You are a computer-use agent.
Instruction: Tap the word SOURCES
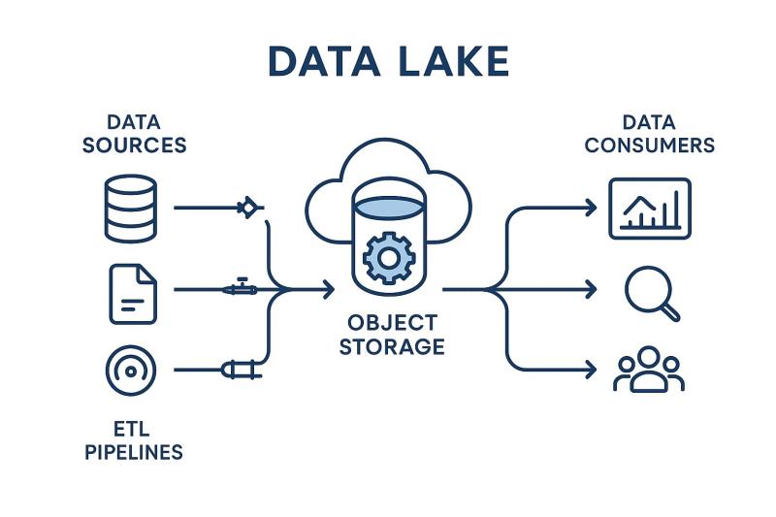point(134,145)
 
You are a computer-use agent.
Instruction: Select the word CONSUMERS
point(649,145)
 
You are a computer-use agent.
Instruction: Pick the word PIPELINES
point(134,451)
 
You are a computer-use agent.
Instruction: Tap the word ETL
point(134,427)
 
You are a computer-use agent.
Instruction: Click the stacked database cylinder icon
point(130,208)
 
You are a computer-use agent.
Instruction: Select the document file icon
point(132,294)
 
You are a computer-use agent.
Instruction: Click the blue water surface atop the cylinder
point(388,206)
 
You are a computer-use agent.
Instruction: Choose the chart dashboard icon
point(649,208)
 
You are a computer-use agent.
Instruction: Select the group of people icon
point(648,371)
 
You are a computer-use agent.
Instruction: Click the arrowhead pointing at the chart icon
point(591,208)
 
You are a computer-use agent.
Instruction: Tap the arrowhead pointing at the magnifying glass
point(591,289)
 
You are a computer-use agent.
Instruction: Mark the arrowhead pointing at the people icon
point(591,370)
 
